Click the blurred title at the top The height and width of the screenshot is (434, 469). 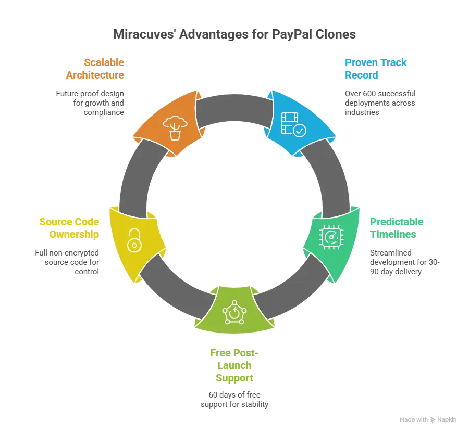(x=235, y=35)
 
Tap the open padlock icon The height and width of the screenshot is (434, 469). (x=134, y=241)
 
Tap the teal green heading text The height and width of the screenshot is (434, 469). (x=397, y=228)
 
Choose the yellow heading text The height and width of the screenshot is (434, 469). (x=69, y=228)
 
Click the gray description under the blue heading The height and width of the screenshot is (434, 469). (x=379, y=101)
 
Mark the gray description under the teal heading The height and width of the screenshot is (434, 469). (x=404, y=262)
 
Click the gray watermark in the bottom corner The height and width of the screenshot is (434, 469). (x=429, y=419)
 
